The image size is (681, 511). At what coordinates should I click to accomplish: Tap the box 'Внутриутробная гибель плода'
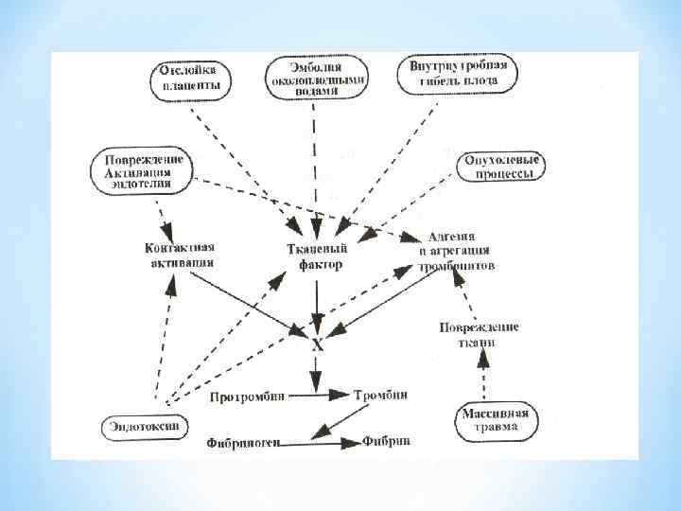point(459,75)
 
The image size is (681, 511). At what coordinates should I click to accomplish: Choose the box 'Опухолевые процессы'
point(499,167)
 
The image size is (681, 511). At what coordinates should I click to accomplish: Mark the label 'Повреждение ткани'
point(480,334)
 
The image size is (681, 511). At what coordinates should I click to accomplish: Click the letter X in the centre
point(317,344)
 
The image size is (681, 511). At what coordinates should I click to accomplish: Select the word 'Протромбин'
point(248,396)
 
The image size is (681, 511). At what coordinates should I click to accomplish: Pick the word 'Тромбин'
point(382,394)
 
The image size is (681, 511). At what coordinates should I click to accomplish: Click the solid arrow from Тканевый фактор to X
point(317,303)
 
